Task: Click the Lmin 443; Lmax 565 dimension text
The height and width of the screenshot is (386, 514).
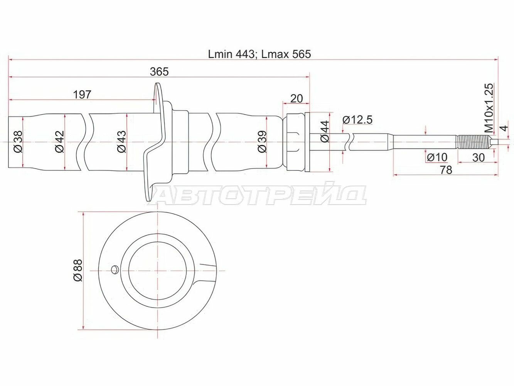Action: coord(259,54)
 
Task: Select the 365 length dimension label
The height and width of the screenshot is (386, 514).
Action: coord(159,71)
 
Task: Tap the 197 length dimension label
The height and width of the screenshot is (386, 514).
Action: coord(82,94)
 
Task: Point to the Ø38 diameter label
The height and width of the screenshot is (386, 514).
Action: coord(18,142)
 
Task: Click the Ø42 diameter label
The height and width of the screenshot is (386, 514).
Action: coord(59,142)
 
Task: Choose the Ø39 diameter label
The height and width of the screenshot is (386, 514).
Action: coord(262,142)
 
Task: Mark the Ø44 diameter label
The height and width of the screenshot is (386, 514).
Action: coord(325,132)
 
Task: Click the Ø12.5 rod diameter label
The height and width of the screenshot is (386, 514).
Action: coord(357,120)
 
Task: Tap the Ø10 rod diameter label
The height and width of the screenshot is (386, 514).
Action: coord(437,157)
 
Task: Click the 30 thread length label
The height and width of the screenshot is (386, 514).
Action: coord(478,157)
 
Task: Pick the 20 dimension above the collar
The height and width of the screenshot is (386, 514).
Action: coord(297,98)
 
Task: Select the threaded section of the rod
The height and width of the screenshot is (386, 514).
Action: coord(470,142)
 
